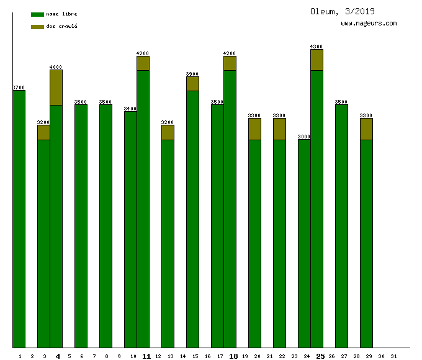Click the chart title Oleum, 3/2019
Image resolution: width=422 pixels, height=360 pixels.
342,11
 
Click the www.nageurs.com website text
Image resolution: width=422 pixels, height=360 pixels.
369,23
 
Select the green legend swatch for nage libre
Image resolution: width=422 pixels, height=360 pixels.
37,14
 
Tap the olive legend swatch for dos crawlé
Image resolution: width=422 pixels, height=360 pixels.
37,27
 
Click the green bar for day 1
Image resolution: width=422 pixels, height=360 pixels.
19,217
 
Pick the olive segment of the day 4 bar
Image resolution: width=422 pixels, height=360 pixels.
56,87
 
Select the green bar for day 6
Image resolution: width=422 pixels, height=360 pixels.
81,223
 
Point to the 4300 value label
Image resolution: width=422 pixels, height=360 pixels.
316,47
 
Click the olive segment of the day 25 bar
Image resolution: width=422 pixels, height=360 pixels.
316,60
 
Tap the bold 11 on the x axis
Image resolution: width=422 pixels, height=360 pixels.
146,356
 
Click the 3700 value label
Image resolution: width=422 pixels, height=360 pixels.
19,88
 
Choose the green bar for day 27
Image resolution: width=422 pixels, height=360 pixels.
341,223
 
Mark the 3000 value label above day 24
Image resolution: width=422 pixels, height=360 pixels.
304,137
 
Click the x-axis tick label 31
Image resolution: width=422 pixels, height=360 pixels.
393,356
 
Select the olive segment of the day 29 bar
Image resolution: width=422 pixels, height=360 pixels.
366,128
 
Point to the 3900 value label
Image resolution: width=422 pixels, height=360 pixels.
192,74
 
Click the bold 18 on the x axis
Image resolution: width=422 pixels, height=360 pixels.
233,356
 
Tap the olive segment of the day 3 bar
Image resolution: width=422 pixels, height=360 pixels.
43,132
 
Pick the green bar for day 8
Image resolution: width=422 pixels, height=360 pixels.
105,223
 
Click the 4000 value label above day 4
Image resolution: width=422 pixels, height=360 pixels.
56,67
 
